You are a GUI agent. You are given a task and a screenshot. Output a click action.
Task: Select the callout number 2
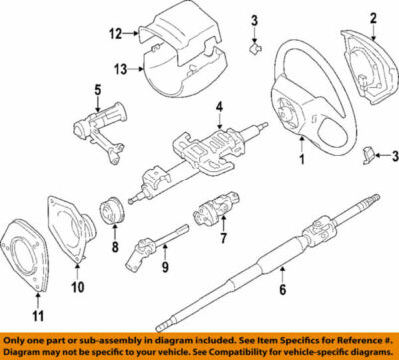[x=373, y=17]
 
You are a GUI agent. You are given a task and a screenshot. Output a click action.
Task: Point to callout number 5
[x=98, y=89]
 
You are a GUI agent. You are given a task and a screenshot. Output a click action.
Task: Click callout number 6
[x=282, y=292]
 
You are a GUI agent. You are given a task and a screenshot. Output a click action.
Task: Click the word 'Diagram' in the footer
[x=23, y=352]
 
